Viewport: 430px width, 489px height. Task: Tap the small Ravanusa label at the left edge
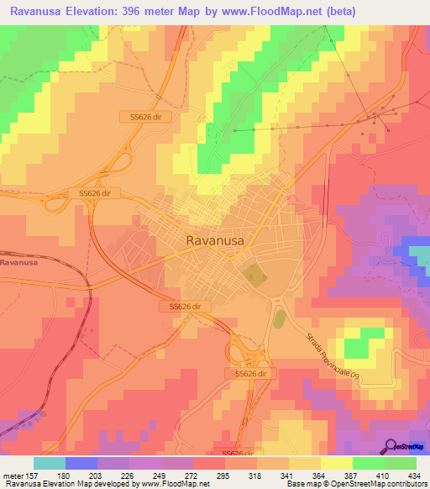coord(18,263)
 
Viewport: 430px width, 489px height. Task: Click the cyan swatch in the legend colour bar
coord(49,463)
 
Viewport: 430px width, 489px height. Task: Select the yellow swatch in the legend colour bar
coord(337,463)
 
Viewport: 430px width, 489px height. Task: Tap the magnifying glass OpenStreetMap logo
coord(390,446)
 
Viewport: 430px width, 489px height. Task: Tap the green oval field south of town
coord(279,319)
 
